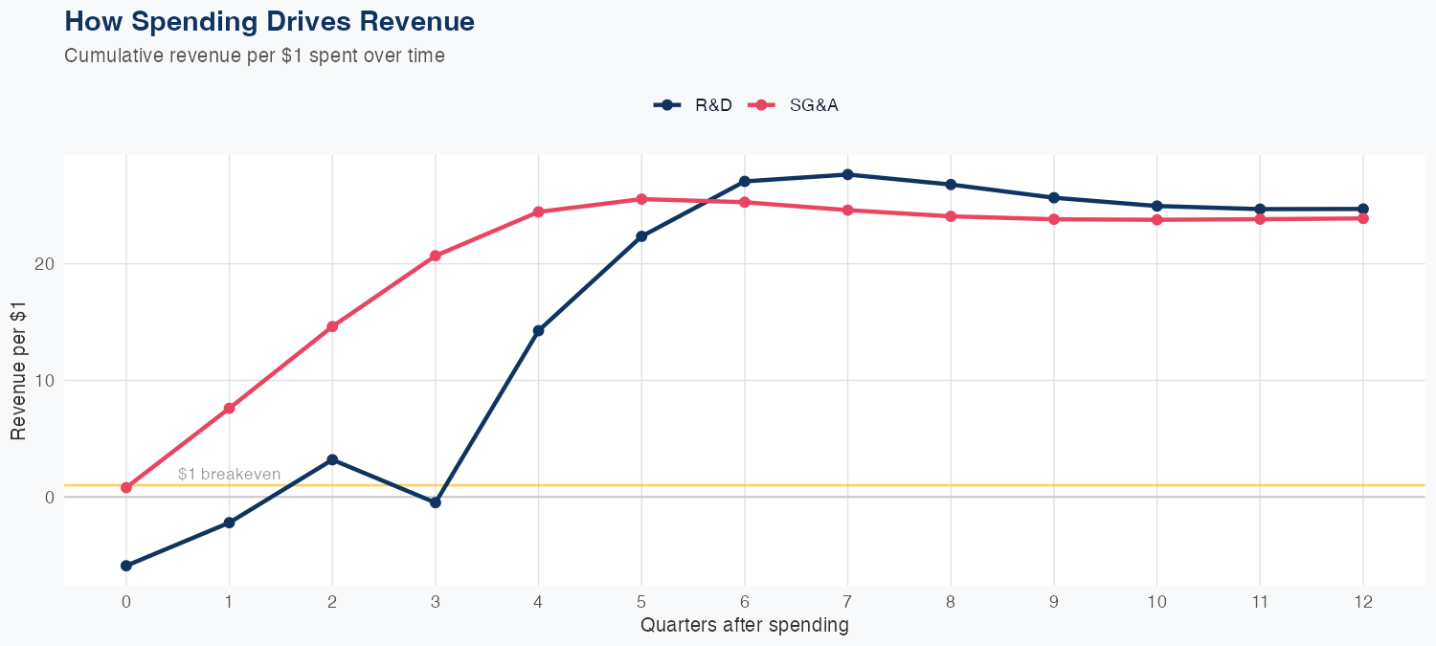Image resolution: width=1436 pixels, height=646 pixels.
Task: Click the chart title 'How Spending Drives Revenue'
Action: pyautogui.click(x=269, y=21)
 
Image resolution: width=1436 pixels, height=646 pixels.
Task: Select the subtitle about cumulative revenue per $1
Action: pyautogui.click(x=255, y=56)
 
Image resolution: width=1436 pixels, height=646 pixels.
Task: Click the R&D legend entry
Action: pyautogui.click(x=694, y=105)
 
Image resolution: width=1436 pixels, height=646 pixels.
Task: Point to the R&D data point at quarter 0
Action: pyautogui.click(x=126, y=566)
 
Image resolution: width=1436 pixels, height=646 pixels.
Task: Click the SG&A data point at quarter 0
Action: pyautogui.click(x=126, y=487)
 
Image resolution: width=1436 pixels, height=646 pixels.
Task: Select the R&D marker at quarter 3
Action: pyautogui.click(x=436, y=502)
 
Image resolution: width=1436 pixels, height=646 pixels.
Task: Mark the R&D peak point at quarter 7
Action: pyautogui.click(x=847, y=174)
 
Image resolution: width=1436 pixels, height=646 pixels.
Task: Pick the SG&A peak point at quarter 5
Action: pyautogui.click(x=641, y=199)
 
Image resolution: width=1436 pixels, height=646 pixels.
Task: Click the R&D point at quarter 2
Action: pyautogui.click(x=332, y=459)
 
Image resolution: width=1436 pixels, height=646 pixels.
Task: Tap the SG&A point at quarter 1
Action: pyautogui.click(x=229, y=409)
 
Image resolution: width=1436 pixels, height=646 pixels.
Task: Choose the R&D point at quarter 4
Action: pyautogui.click(x=538, y=330)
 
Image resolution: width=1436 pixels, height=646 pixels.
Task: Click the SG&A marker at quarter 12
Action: pyautogui.click(x=1362, y=218)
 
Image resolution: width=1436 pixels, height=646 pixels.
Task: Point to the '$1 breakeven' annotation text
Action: pyautogui.click(x=229, y=474)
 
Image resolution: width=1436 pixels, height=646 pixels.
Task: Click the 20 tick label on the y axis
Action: pyautogui.click(x=46, y=264)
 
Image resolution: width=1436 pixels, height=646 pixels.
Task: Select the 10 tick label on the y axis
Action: pyautogui.click(x=46, y=381)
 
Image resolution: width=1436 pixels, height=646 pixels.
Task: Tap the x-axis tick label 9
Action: pyautogui.click(x=1053, y=602)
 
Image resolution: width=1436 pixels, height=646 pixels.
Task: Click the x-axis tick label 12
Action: pyautogui.click(x=1362, y=602)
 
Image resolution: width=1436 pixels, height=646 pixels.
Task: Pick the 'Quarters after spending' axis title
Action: pyautogui.click(x=744, y=626)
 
